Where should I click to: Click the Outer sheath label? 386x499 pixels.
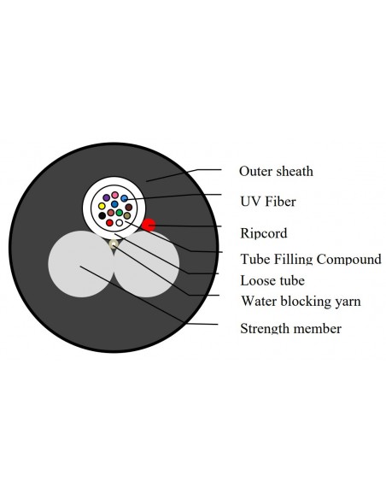tap(276, 171)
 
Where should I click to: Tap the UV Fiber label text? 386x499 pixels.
tap(268, 202)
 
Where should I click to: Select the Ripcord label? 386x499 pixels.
tap(264, 233)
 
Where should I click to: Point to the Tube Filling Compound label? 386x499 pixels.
tap(311, 259)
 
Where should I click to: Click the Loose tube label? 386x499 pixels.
tap(272, 280)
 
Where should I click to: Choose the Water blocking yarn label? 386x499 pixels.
tap(301, 301)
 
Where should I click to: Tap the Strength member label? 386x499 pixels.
tap(290, 328)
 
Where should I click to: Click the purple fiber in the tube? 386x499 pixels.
tap(107, 197)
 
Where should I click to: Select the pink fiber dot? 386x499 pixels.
tap(115, 195)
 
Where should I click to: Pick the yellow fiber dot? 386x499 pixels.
tap(102, 206)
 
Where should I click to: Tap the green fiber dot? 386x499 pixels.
tap(120, 212)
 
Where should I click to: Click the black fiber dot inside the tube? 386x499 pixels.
tap(102, 215)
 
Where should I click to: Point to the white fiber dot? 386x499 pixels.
tap(120, 223)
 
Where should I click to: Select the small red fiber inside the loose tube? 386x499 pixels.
tap(109, 222)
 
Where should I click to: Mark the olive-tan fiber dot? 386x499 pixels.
tap(127, 215)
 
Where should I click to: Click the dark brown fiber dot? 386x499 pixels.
tap(129, 207)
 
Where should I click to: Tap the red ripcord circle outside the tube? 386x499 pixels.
tap(149, 225)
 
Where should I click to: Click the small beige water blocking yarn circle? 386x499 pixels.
tap(114, 244)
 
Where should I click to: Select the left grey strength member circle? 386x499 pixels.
tap(81, 264)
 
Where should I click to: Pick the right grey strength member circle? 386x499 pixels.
tap(147, 264)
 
